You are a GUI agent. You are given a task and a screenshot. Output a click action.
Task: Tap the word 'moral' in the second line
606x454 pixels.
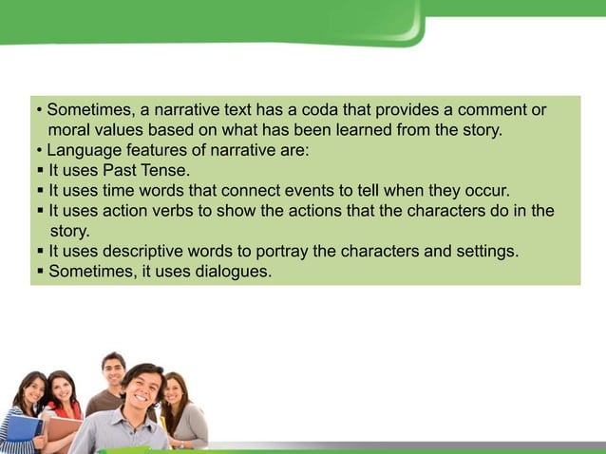[x=69, y=130]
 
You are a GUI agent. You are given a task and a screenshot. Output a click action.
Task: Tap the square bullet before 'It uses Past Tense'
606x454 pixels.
[x=41, y=171]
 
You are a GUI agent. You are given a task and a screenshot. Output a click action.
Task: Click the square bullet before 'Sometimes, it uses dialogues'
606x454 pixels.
[x=41, y=272]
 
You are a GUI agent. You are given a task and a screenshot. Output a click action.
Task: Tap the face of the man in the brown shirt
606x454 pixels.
[x=114, y=370]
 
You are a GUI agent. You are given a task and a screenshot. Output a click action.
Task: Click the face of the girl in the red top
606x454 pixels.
[x=61, y=388]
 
